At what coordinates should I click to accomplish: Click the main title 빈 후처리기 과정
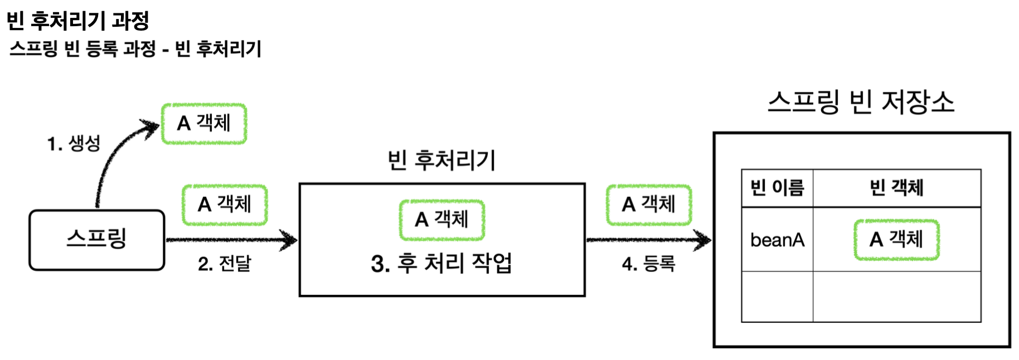pyautogui.click(x=77, y=21)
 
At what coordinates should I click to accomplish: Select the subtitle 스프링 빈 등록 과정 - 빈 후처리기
pyautogui.click(x=135, y=49)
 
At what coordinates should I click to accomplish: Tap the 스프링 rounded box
pyautogui.click(x=97, y=240)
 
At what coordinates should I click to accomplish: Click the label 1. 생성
pyautogui.click(x=74, y=143)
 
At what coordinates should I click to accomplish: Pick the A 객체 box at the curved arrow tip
pyautogui.click(x=204, y=123)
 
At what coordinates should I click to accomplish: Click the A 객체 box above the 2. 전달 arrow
pyautogui.click(x=225, y=205)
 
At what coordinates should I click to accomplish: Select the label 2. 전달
pyautogui.click(x=225, y=263)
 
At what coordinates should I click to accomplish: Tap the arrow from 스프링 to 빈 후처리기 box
pyautogui.click(x=231, y=240)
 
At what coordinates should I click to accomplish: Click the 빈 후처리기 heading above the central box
pyautogui.click(x=441, y=160)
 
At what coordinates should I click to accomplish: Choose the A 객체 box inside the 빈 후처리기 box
pyautogui.click(x=441, y=220)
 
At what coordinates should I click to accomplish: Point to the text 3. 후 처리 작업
pyautogui.click(x=441, y=263)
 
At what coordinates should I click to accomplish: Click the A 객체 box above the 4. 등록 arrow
pyautogui.click(x=649, y=205)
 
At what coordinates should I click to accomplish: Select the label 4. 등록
pyautogui.click(x=648, y=263)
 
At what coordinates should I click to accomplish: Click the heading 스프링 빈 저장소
pyautogui.click(x=861, y=103)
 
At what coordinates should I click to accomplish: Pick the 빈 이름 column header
pyautogui.click(x=777, y=188)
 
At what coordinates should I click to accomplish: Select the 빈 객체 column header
pyautogui.click(x=896, y=188)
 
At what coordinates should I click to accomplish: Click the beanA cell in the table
pyautogui.click(x=777, y=240)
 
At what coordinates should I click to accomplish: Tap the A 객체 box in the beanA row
pyautogui.click(x=896, y=240)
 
